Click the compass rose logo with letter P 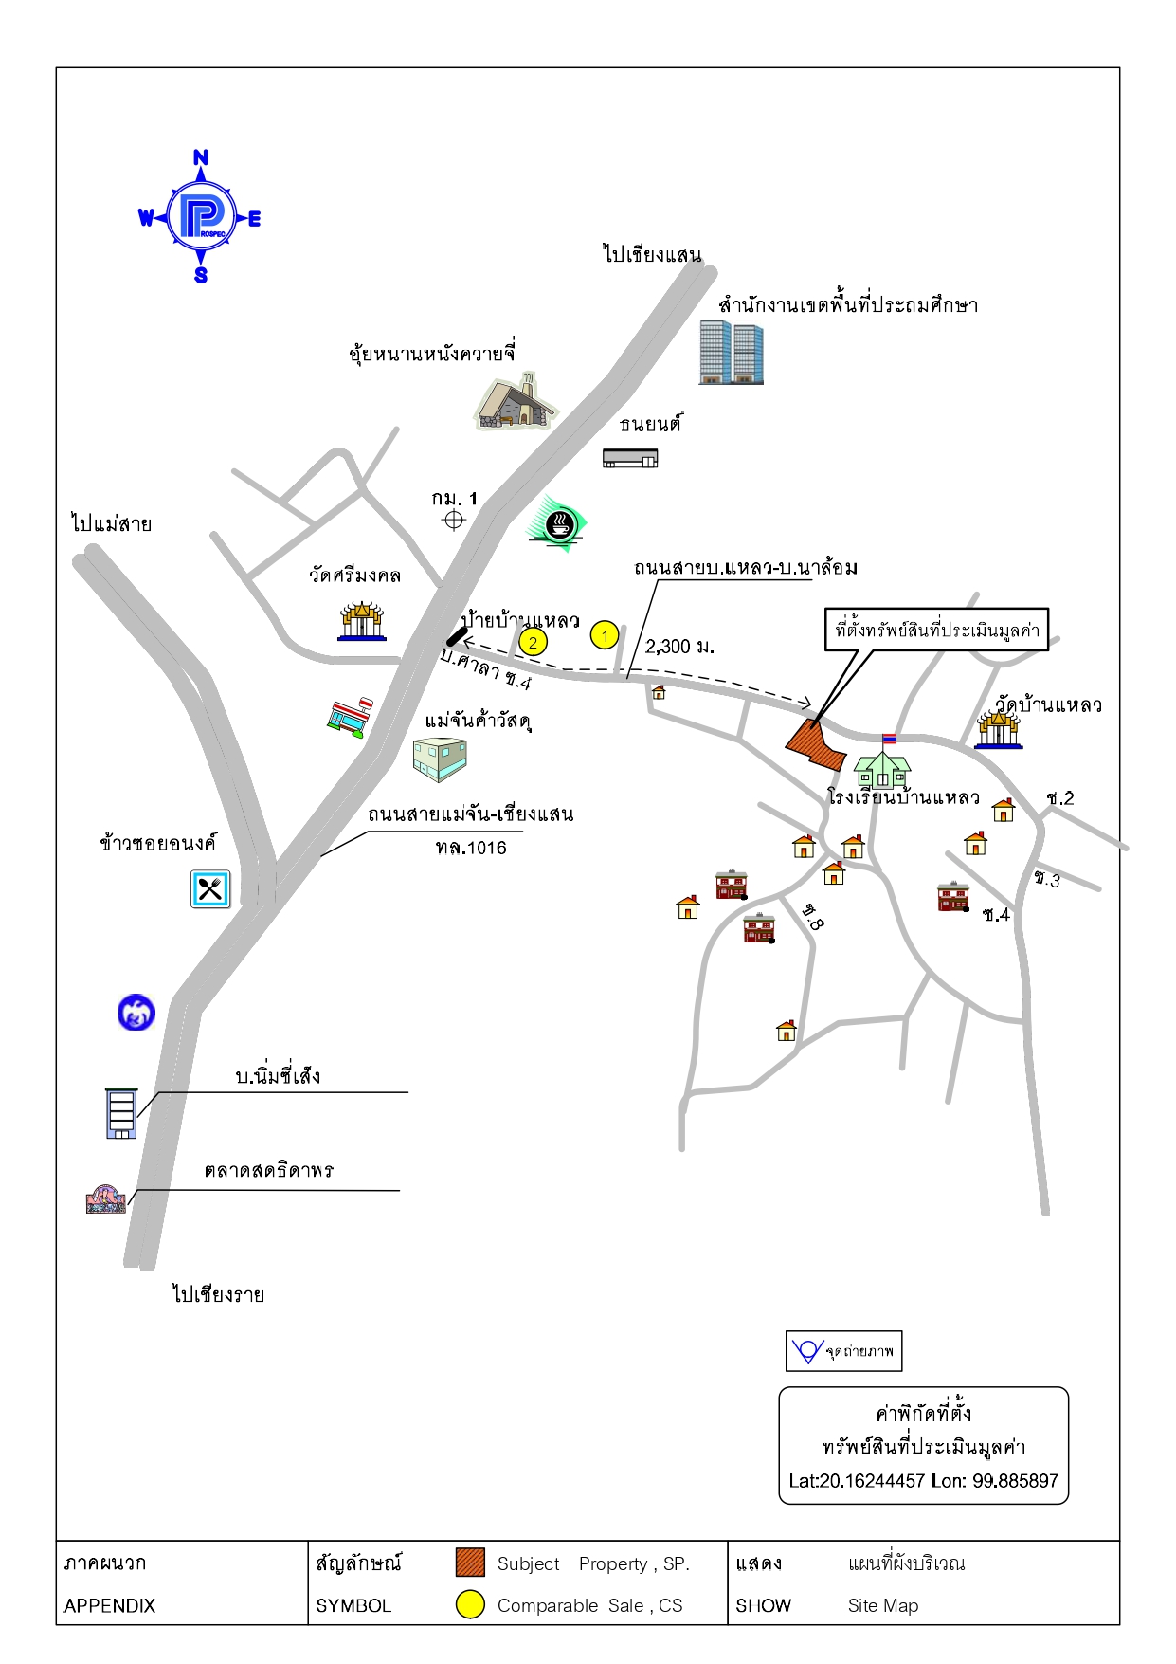tap(201, 217)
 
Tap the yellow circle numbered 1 tap(605, 635)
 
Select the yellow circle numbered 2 tap(534, 643)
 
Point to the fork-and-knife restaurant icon tap(210, 889)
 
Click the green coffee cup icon tap(558, 523)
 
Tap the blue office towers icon tap(731, 351)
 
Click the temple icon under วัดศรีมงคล tap(362, 621)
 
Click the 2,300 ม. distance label tap(679, 647)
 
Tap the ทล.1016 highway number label tap(471, 848)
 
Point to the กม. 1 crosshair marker tap(454, 520)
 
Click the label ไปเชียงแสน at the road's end tap(652, 254)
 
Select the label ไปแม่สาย tap(112, 523)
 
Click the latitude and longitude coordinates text tap(924, 1481)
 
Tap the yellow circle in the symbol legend tap(470, 1603)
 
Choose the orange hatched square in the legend tap(470, 1562)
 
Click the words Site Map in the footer tap(883, 1605)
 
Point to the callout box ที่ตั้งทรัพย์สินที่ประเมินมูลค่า tap(936, 630)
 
